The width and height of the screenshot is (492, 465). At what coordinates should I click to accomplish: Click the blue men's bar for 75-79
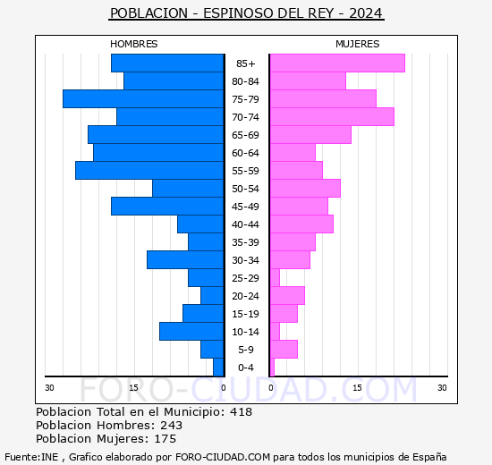click(143, 99)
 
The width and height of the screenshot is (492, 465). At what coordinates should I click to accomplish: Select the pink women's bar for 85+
click(337, 63)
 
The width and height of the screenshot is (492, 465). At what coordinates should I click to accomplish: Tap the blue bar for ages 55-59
click(149, 171)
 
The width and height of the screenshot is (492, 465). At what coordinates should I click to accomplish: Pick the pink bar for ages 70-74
click(332, 117)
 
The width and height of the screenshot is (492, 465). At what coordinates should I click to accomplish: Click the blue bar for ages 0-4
click(218, 368)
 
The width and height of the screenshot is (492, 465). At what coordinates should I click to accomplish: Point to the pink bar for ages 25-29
click(275, 278)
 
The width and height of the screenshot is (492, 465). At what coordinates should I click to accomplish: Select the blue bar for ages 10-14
click(191, 332)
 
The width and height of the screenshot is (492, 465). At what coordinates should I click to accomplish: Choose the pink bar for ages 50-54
click(305, 189)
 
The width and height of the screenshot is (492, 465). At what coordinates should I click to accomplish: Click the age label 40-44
click(245, 224)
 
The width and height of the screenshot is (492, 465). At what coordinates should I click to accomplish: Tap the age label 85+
click(246, 63)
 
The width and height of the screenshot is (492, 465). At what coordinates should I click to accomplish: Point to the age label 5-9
click(246, 350)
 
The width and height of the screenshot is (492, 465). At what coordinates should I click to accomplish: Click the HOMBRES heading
click(134, 44)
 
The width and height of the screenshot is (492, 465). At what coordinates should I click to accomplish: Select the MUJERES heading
click(358, 44)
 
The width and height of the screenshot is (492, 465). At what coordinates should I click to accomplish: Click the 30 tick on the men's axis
click(49, 388)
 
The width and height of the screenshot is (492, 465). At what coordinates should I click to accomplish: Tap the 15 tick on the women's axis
click(357, 388)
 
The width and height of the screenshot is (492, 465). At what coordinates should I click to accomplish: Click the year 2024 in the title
click(366, 13)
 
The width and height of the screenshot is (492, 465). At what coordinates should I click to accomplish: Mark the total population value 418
click(241, 412)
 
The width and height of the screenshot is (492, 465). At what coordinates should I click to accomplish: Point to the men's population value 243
click(172, 426)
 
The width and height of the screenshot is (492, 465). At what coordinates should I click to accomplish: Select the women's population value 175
click(165, 439)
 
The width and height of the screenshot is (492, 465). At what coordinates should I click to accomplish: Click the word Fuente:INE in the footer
click(31, 457)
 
